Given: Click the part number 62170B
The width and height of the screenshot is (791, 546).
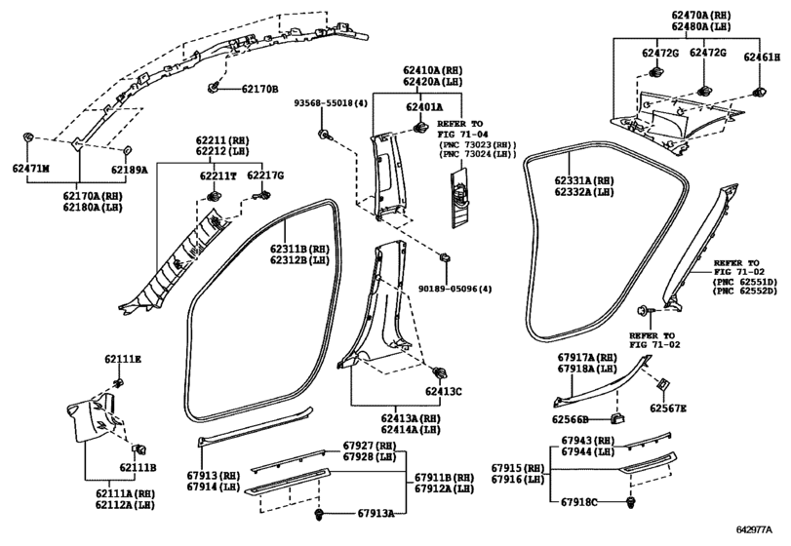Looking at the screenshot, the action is click(259, 90).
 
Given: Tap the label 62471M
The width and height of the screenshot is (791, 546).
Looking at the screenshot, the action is click(31, 169).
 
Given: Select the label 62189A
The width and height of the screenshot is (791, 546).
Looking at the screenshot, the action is click(130, 170).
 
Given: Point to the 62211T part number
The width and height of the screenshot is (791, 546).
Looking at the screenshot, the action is click(218, 175).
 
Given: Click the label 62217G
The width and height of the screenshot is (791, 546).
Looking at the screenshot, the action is click(265, 175).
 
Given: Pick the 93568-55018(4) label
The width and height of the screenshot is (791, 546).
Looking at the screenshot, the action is click(331, 103).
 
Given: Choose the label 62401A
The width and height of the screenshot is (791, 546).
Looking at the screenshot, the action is click(424, 107).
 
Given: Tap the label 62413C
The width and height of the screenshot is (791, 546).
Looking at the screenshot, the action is click(443, 391).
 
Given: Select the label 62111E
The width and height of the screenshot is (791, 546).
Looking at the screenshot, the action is click(123, 360).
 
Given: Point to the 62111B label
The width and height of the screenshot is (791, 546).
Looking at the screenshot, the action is click(138, 468).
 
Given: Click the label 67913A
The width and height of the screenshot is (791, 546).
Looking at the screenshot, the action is click(376, 513).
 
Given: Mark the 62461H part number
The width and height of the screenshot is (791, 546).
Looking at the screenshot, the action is click(762, 58).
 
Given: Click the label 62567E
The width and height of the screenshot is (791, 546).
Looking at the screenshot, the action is click(667, 409).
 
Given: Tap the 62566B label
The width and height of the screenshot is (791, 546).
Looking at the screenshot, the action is click(570, 419).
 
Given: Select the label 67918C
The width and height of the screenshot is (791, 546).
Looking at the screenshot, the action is click(579, 502).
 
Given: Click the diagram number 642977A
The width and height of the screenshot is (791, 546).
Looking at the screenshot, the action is click(754, 529).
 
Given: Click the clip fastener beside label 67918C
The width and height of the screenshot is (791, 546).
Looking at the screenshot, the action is click(630, 502).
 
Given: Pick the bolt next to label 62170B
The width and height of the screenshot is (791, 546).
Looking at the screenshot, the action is click(212, 88).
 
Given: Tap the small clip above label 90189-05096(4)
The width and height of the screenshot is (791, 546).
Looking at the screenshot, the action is click(446, 257).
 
